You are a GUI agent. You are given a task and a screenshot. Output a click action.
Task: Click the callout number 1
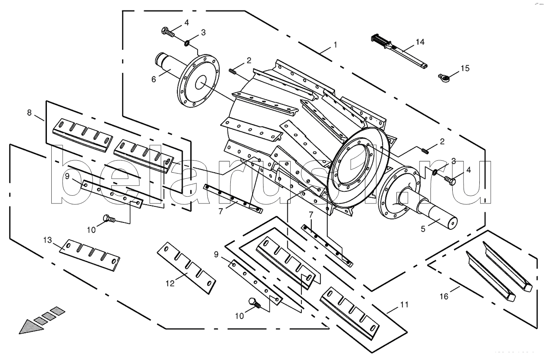[x=335, y=45]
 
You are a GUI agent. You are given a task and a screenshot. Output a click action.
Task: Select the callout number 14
[x=420, y=42]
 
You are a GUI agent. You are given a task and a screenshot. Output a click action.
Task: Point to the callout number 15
[x=465, y=68]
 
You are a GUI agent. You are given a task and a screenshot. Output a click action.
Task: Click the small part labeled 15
[x=444, y=76]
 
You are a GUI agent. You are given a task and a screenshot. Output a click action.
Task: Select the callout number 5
[x=423, y=229]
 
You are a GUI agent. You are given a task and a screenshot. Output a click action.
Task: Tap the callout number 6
[x=154, y=79]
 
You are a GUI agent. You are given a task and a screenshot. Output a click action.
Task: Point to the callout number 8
[x=29, y=112]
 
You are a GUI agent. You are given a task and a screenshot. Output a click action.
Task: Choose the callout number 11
[x=405, y=304]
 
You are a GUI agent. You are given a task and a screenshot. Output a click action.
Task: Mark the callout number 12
[x=170, y=284]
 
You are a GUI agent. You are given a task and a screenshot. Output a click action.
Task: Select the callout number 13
[x=48, y=240]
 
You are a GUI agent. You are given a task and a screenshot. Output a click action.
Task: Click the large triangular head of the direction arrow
[x=30, y=326]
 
